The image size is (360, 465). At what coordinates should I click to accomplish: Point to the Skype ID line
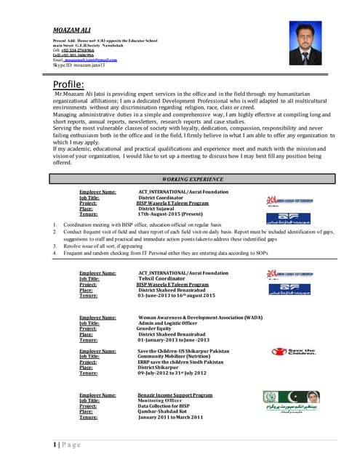[79, 65]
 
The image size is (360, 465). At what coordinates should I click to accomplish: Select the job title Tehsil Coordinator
[167, 278]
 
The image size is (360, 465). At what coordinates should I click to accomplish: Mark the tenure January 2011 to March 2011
[170, 418]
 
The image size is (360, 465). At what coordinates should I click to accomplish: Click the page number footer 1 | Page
[65, 444]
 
